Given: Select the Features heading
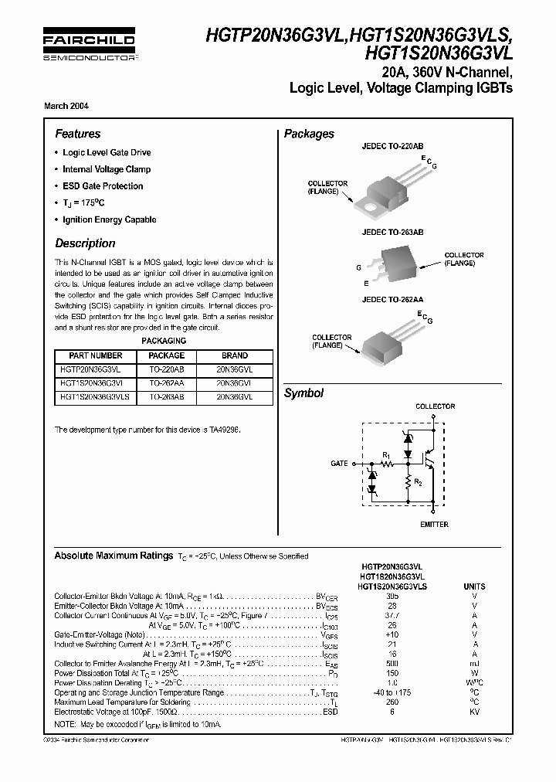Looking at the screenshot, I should tap(77, 134).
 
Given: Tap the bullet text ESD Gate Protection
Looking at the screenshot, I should tap(103, 186).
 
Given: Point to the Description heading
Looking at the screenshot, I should tap(85, 243).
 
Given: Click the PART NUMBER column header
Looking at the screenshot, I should tap(96, 355).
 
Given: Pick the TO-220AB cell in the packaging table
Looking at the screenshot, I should tap(166, 369).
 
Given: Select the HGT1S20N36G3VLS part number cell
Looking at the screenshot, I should tap(96, 396).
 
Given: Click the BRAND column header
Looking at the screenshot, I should tap(235, 355).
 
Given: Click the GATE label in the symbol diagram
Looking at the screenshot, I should tap(339, 463).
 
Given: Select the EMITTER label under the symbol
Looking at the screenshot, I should tap(435, 525).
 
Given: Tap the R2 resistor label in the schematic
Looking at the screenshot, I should tap(418, 481).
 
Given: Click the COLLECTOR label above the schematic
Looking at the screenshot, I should tap(436, 406).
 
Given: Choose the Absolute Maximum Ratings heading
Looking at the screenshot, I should tap(113, 556).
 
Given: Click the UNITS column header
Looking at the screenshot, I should tap(474, 586).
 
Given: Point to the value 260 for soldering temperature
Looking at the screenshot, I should tap(392, 702).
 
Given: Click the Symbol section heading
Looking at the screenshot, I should tap(303, 393).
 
